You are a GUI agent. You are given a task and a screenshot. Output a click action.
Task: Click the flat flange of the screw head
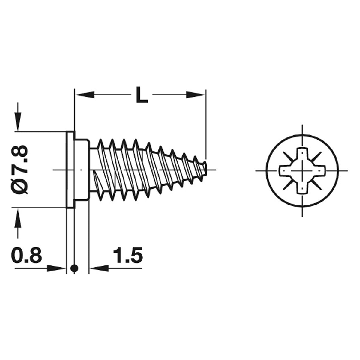70,169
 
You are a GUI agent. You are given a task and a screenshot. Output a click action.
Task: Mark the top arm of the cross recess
302,153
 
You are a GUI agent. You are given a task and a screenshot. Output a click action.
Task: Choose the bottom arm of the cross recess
302,188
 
